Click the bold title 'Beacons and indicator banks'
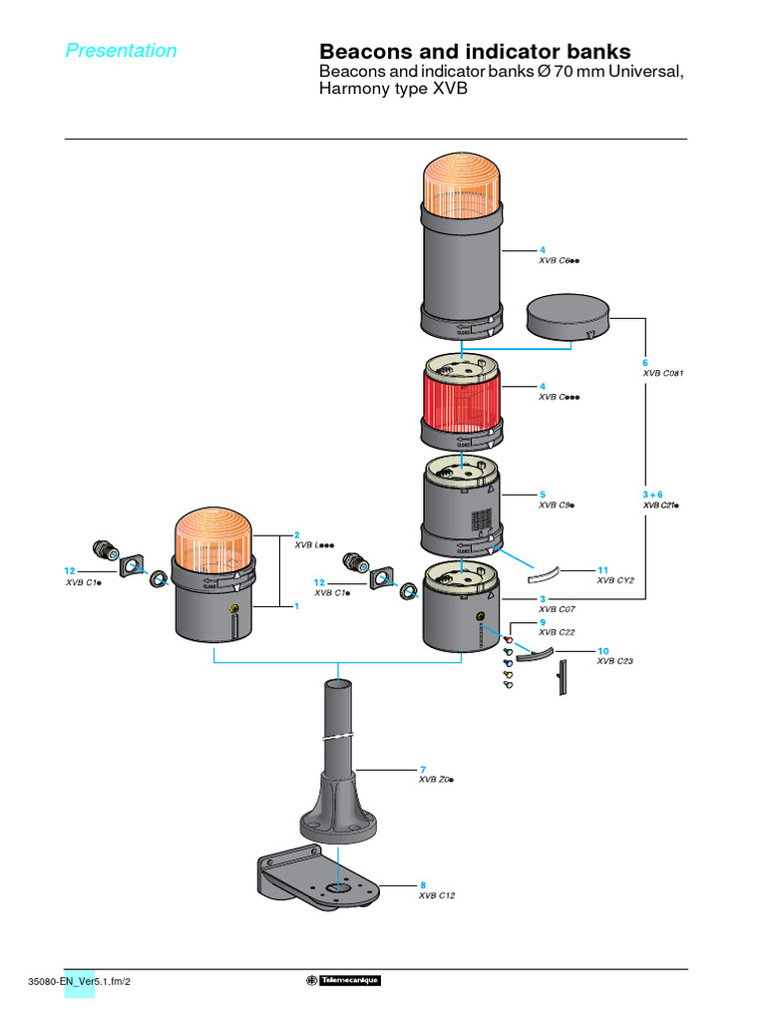(x=474, y=52)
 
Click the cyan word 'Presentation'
(x=121, y=51)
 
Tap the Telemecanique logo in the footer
(x=343, y=980)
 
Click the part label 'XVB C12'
(x=437, y=895)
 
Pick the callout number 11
(x=602, y=569)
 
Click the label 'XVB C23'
(x=613, y=660)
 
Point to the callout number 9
(x=542, y=622)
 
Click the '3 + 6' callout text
(x=653, y=494)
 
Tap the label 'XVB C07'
(x=556, y=608)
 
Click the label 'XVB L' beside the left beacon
(x=313, y=545)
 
